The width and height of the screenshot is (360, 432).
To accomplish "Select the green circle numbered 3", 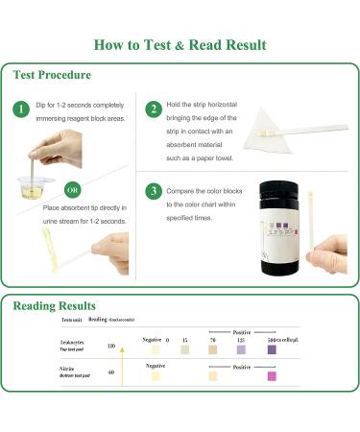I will (x=154, y=190).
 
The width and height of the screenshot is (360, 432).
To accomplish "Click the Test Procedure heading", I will (x=53, y=75).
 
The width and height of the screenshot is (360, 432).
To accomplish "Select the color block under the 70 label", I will (x=212, y=351).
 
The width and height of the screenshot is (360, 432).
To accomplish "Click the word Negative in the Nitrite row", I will (x=156, y=366).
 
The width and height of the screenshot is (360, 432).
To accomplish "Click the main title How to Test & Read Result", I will (x=180, y=45).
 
